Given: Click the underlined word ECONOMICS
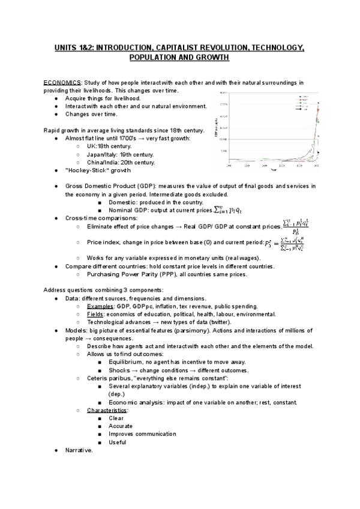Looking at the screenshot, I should (x=62, y=82).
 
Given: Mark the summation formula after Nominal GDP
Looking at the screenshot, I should (x=229, y=210).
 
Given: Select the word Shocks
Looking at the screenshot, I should (x=121, y=370).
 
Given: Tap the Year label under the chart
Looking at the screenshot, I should (x=274, y=170).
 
